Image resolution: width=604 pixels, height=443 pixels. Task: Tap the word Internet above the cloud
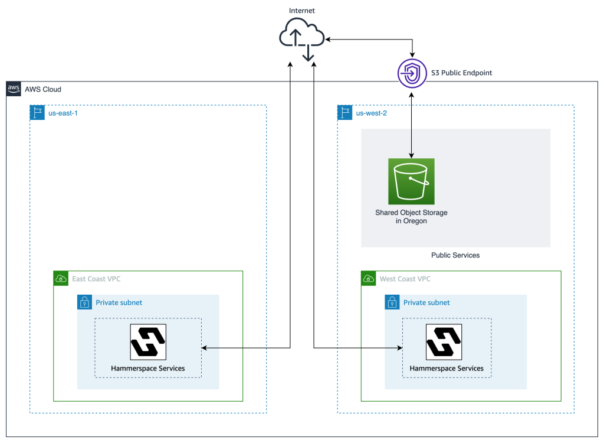pyautogui.click(x=302, y=11)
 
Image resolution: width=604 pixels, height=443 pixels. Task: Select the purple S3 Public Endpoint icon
pyautogui.click(x=411, y=73)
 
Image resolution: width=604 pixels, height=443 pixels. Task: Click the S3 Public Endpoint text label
pyautogui.click(x=461, y=73)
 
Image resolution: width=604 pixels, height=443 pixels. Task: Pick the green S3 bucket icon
pyautogui.click(x=411, y=181)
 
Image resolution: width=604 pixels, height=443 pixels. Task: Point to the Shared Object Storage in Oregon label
pyautogui.click(x=411, y=217)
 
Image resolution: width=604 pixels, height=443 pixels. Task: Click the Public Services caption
pyautogui.click(x=455, y=255)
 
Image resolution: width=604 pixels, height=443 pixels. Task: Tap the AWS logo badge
pyautogui.click(x=14, y=89)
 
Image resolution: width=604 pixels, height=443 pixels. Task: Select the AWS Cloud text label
pyautogui.click(x=43, y=89)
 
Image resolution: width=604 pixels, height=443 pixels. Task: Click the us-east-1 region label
pyautogui.click(x=64, y=113)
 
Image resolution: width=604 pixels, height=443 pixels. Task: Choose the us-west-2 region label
pyautogui.click(x=372, y=113)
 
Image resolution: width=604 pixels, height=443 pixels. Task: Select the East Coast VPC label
pyautogui.click(x=96, y=279)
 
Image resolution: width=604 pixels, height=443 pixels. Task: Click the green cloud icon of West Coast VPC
pyautogui.click(x=369, y=279)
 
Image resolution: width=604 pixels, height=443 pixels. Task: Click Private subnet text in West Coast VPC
pyautogui.click(x=426, y=302)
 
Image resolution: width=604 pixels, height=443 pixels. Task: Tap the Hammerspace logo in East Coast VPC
pyautogui.click(x=148, y=341)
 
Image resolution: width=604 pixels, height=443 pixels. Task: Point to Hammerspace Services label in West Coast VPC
pyautogui.click(x=447, y=368)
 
